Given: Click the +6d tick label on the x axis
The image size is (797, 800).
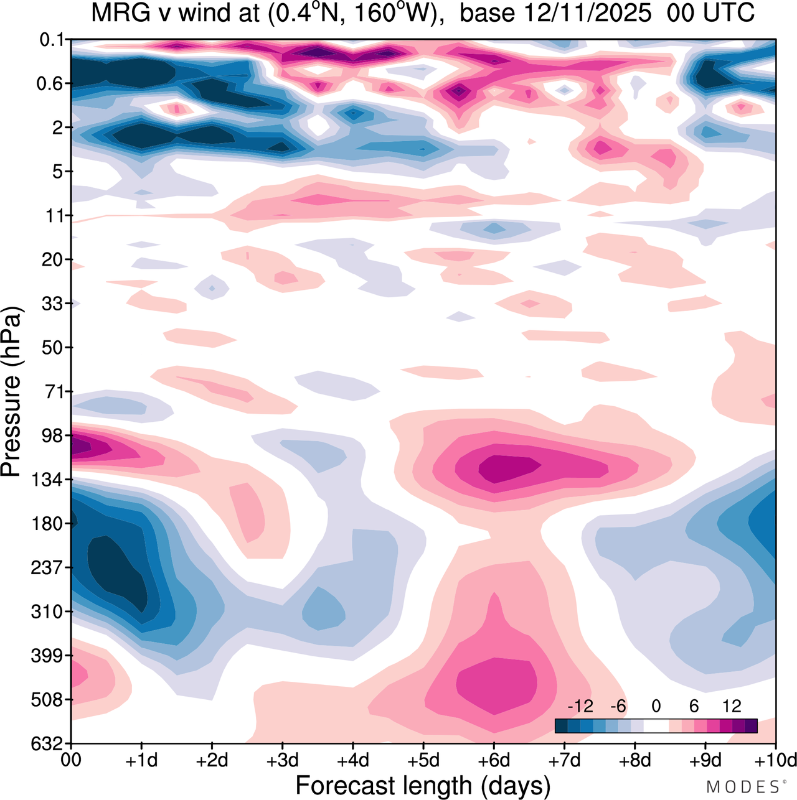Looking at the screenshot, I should (494, 761).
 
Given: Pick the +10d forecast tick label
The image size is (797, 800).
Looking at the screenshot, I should (776, 761).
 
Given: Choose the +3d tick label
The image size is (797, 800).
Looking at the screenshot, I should (283, 761).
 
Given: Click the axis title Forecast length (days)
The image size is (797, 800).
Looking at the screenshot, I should (423, 785).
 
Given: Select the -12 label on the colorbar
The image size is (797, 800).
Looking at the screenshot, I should (580, 706).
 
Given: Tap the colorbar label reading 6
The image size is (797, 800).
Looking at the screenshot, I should (694, 706).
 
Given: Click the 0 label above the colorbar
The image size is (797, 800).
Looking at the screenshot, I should (656, 706).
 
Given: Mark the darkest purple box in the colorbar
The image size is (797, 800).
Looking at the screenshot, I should (751, 725).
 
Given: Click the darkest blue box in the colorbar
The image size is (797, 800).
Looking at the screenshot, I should (561, 725).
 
